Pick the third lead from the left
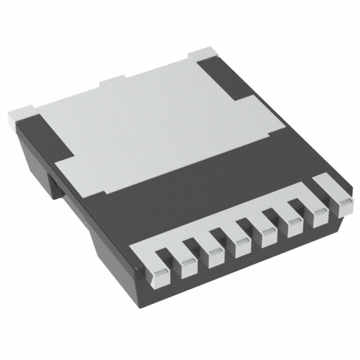[210, 250]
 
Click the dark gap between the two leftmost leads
[164, 256]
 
